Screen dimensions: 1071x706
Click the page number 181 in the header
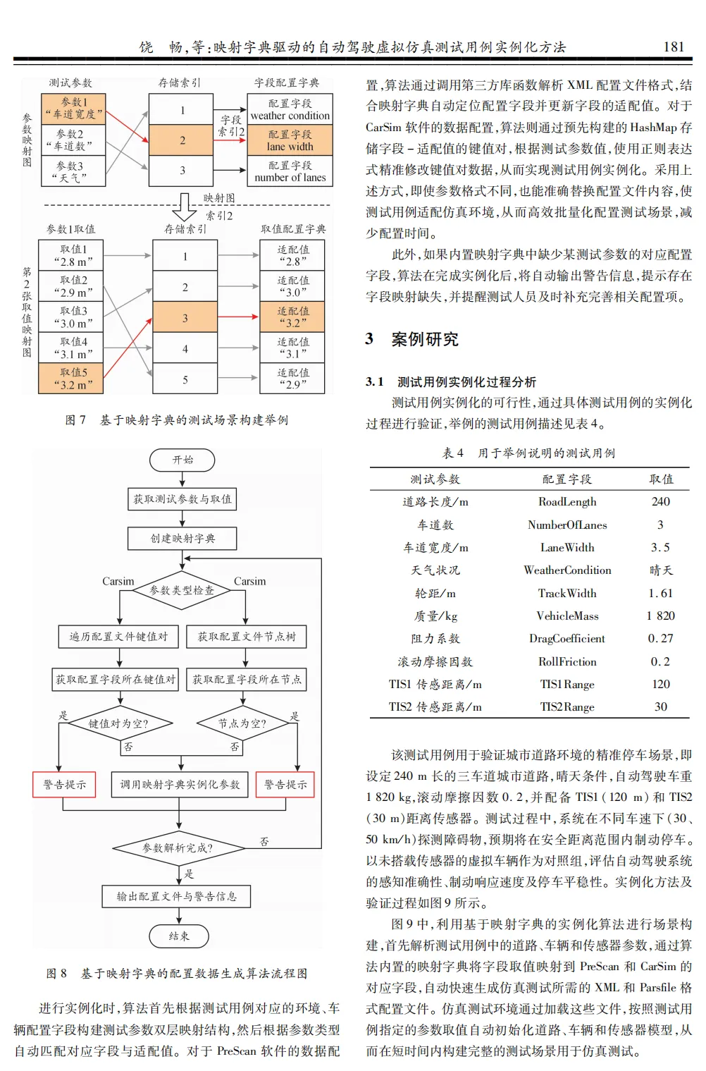pos(674,47)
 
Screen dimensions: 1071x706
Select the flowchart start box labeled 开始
pos(182,460)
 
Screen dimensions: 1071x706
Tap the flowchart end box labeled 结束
pos(179,936)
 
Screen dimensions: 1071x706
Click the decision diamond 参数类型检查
pos(182,590)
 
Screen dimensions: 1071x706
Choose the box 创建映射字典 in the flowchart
pos(182,539)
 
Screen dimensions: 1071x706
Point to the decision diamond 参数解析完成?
pos(178,847)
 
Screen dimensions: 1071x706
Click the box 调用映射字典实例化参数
pos(180,784)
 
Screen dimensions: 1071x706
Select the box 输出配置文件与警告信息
pos(177,896)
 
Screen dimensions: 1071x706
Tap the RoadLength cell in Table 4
pos(567,502)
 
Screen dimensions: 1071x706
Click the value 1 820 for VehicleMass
pos(660,616)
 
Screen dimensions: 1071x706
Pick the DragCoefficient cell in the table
pos(567,639)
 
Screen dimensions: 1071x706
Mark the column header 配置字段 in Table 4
pos(567,479)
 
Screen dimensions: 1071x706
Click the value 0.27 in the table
pos(660,639)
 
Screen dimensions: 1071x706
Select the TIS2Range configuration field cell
pos(567,706)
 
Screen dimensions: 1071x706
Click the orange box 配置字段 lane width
pos(290,140)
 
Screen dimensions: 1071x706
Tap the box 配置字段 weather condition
pos(290,109)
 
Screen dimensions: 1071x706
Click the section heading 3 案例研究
pos(412,339)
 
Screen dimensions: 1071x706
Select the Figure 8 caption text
pos(177,974)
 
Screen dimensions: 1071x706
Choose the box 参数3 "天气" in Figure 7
pos(73,171)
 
